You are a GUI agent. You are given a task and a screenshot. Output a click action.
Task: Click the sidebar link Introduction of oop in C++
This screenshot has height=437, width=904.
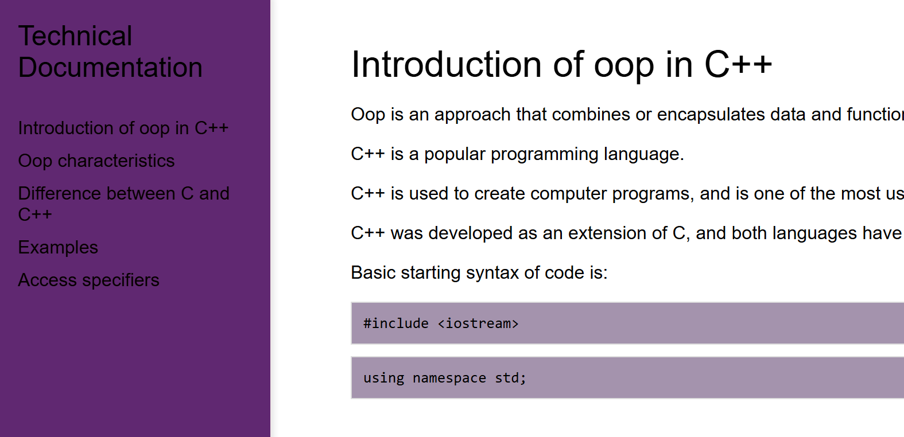pyautogui.click(x=123, y=128)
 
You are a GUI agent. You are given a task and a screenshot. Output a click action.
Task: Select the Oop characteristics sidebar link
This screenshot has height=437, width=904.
pyautogui.click(x=96, y=161)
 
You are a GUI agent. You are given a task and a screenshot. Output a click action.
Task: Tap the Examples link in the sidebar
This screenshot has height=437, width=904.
pyautogui.click(x=58, y=247)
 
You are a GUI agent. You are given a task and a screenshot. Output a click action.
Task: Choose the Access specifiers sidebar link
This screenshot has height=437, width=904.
pyautogui.click(x=88, y=280)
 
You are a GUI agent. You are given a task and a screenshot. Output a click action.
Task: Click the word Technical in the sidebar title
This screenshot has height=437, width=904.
pyautogui.click(x=75, y=36)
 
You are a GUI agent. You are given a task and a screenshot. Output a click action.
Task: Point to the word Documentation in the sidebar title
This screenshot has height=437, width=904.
pyautogui.click(x=110, y=68)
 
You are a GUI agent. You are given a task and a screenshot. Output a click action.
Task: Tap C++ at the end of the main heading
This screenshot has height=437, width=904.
pyautogui.click(x=738, y=64)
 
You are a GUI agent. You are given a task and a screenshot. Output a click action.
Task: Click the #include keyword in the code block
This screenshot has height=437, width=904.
pyautogui.click(x=395, y=323)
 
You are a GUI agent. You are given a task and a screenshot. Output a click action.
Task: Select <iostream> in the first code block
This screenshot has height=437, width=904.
pyautogui.click(x=478, y=323)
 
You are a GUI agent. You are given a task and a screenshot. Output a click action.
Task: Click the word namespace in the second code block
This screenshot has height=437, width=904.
pyautogui.click(x=449, y=378)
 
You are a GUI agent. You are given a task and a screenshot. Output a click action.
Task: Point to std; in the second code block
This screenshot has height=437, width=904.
pyautogui.click(x=510, y=378)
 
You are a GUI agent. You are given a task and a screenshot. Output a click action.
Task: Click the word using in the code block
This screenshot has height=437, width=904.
pyautogui.click(x=383, y=378)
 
